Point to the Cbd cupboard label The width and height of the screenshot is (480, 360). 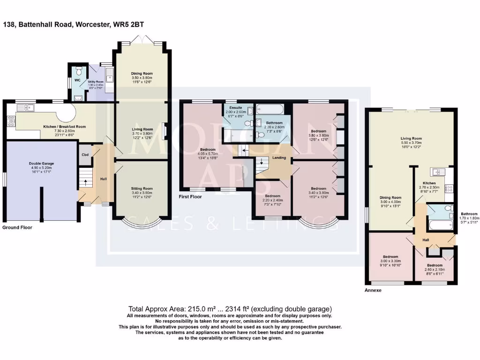tap(85, 155)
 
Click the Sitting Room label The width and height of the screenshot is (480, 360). tap(142, 188)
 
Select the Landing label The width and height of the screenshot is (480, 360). tap(279, 158)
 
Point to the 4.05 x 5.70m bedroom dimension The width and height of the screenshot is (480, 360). tap(208, 166)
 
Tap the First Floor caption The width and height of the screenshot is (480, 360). tap(190, 197)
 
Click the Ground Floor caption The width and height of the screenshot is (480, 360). tap(17, 227)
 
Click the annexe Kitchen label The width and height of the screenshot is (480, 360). tap(429, 183)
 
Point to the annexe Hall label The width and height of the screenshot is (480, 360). tap(426, 240)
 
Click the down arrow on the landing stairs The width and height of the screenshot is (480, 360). tap(262, 162)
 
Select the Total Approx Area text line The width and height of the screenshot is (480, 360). tap(230, 309)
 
